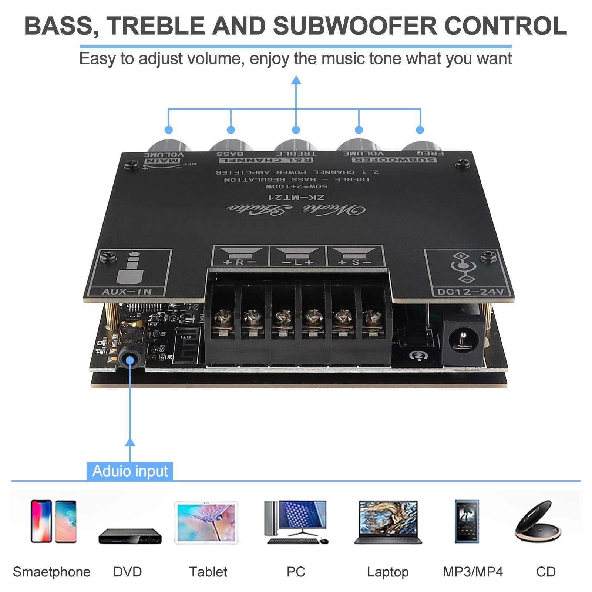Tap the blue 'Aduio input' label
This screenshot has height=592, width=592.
click(130, 471)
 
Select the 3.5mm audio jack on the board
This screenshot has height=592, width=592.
click(129, 360)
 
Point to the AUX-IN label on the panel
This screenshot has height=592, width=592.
click(127, 292)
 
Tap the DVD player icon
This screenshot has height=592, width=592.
click(130, 536)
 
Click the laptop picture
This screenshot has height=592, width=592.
click(388, 522)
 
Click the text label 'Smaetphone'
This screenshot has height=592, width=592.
click(51, 572)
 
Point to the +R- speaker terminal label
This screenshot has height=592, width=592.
click(240, 262)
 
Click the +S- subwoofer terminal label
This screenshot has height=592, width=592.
click(354, 262)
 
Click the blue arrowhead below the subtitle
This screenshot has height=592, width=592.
click(296, 80)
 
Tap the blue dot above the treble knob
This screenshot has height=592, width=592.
click(296, 130)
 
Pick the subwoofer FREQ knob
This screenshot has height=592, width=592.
click(420, 146)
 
